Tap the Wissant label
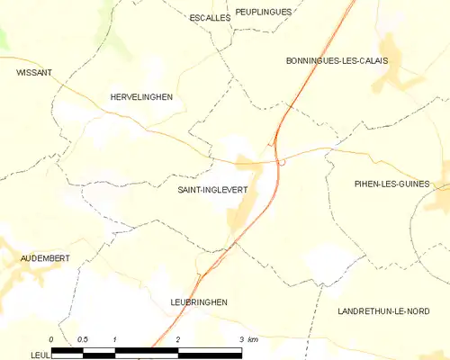33,72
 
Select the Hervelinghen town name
140,96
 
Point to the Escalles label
209,17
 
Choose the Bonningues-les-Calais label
336,60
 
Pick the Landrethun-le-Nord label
383,310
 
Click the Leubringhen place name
198,302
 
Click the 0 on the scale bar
51,339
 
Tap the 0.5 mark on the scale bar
83,339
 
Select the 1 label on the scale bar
115,339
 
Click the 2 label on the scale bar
178,339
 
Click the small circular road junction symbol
283,162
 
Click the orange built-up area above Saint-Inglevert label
244,165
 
